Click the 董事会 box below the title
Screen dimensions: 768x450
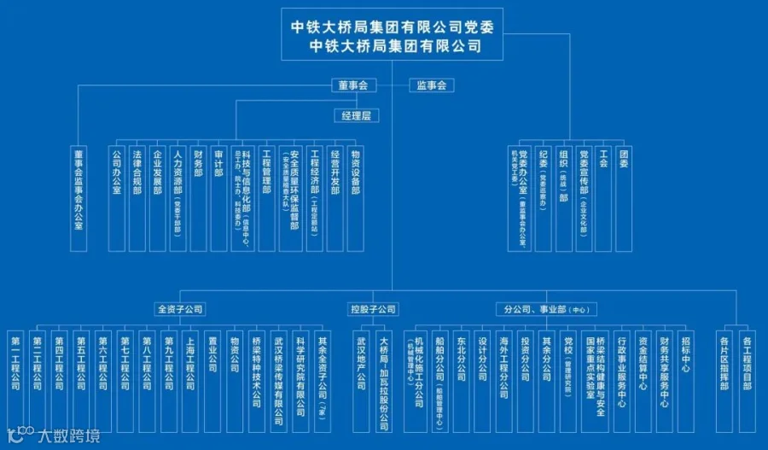click(x=352, y=85)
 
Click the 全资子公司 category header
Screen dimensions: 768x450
click(x=179, y=309)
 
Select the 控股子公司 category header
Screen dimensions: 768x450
click(x=373, y=309)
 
